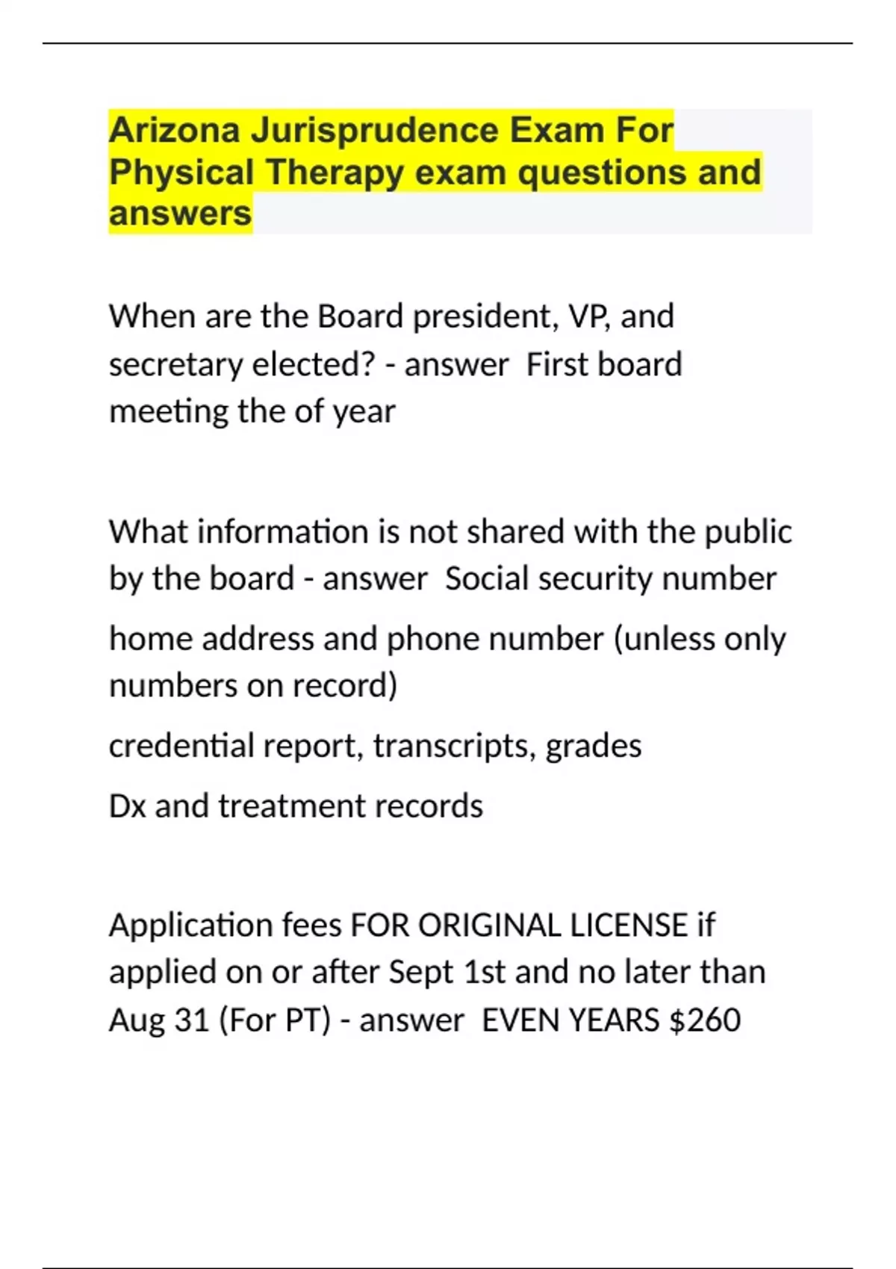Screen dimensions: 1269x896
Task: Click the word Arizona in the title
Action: coord(175,131)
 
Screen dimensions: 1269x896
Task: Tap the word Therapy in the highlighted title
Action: coord(335,172)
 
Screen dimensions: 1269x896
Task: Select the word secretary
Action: coord(175,365)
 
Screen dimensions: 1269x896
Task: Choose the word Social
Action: coord(487,579)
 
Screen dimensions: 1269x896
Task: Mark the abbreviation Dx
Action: coord(127,806)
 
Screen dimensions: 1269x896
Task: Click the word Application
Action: coord(190,926)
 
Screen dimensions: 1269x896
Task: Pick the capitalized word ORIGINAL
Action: coord(489,926)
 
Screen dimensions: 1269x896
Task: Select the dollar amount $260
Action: coord(705,1020)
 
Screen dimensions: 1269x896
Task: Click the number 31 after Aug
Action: coord(191,1020)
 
